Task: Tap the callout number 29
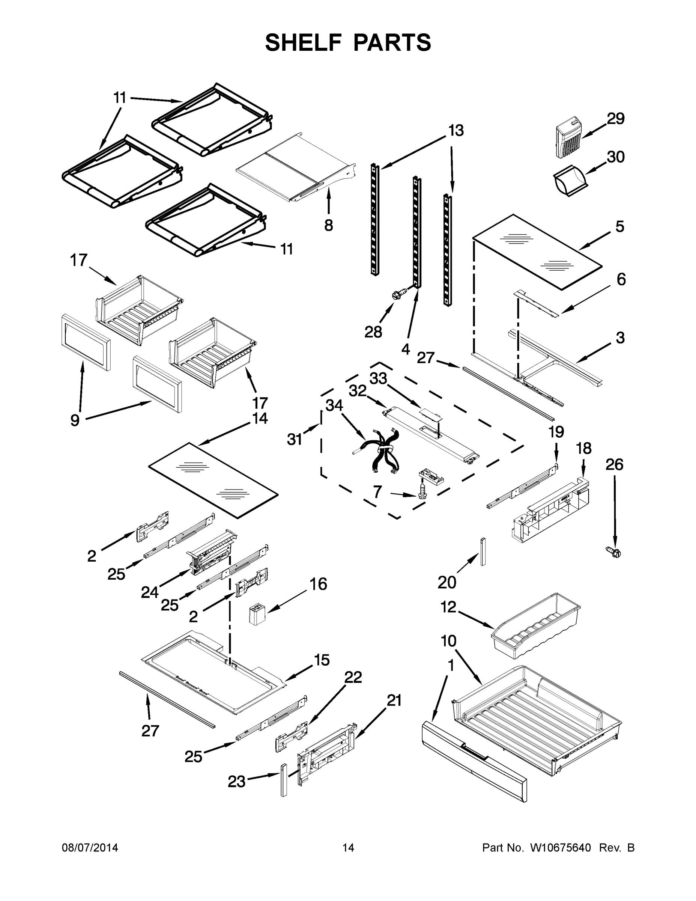(x=616, y=119)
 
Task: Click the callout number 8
(x=328, y=225)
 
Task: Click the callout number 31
(x=295, y=439)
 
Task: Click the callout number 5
(x=620, y=226)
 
